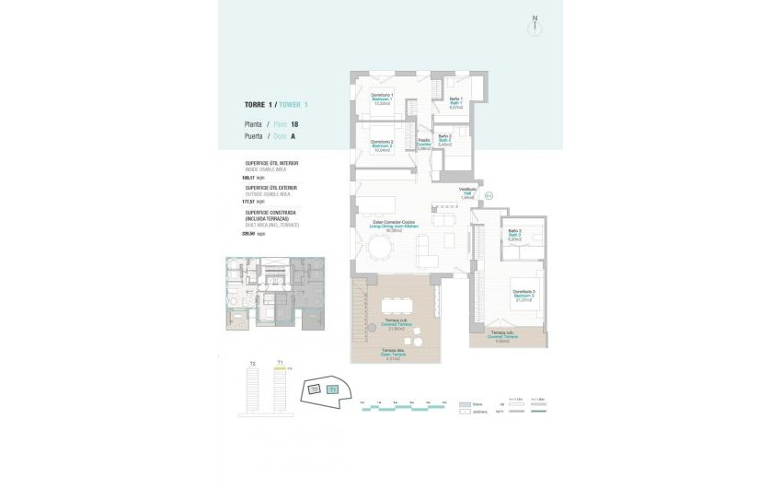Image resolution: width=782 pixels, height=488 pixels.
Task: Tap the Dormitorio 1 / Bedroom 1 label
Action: click(x=382, y=99)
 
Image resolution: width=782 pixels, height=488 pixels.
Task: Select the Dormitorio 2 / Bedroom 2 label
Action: click(x=382, y=145)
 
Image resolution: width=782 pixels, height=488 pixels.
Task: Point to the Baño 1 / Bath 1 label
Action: click(x=455, y=103)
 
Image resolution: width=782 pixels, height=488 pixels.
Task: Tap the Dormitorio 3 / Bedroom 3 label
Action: click(x=524, y=296)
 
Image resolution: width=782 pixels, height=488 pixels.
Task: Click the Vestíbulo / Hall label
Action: click(x=467, y=194)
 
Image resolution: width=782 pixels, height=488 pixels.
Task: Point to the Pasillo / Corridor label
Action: click(x=424, y=144)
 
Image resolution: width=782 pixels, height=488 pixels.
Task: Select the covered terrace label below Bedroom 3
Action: click(x=503, y=336)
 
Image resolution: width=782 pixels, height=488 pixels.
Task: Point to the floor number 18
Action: click(x=294, y=123)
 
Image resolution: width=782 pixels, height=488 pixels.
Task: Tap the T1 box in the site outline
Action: click(x=332, y=389)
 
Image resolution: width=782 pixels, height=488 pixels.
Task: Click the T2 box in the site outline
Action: click(x=314, y=389)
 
